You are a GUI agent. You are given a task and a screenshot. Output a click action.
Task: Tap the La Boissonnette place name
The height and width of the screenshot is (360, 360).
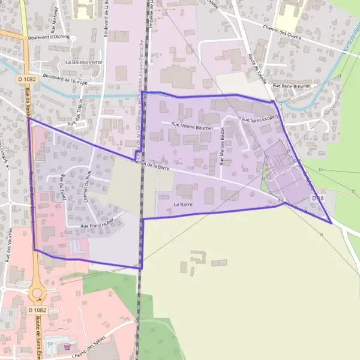coord(84,62)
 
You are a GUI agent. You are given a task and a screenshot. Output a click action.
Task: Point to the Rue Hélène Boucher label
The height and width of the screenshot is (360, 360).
coord(192,125)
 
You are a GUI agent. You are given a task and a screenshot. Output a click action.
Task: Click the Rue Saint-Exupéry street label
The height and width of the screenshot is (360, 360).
coord(260,119)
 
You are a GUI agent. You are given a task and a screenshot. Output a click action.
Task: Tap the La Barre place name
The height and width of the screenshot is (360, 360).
coord(182,205)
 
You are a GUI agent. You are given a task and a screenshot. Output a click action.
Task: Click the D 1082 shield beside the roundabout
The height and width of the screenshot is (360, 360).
coord(37,310)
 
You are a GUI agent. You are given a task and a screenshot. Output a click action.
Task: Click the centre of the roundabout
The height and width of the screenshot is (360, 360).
coord(37,293)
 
